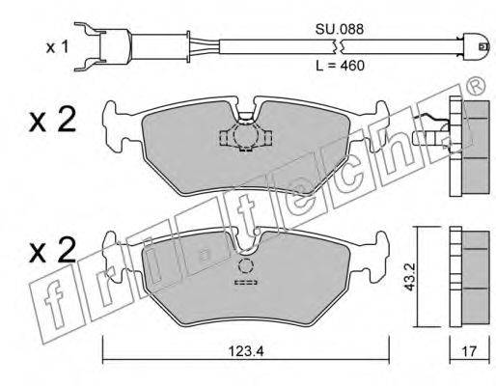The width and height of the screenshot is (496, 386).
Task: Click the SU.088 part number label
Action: pyautogui.click(x=340, y=29)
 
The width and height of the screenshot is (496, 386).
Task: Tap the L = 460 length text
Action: pyautogui.click(x=340, y=66)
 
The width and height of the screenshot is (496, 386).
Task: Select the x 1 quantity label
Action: pyautogui.click(x=57, y=47)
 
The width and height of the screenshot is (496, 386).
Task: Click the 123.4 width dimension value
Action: pyautogui.click(x=246, y=351)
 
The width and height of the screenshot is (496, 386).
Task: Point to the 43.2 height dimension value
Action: pyautogui.click(x=410, y=277)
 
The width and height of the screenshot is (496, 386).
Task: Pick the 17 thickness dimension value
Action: pyautogui.click(x=469, y=351)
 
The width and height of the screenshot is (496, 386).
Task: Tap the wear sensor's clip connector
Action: pyautogui.click(x=103, y=46)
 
